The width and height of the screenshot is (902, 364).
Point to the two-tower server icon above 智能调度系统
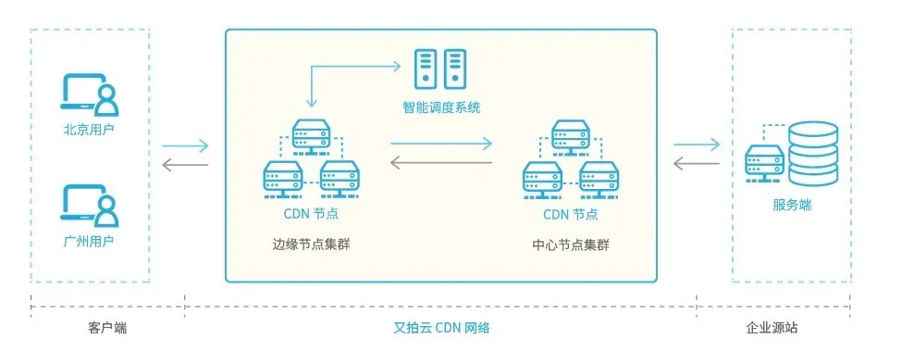point(440,69)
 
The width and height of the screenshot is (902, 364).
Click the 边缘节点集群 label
point(311,245)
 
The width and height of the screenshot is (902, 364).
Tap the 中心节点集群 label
point(571,245)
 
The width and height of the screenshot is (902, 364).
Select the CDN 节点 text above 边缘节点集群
point(311,214)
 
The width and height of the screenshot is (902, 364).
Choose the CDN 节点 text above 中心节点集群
point(571,214)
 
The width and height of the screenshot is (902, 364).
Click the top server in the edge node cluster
point(311,136)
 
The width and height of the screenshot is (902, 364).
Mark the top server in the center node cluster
point(571,136)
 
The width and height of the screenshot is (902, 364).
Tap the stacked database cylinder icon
point(812,152)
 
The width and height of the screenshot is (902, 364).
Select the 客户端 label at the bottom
point(107,328)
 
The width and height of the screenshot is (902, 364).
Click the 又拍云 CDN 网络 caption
point(441,328)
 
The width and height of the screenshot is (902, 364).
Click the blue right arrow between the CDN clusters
point(440,144)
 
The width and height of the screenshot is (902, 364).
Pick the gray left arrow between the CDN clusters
point(440,164)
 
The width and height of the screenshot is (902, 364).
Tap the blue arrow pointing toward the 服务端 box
point(697,144)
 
